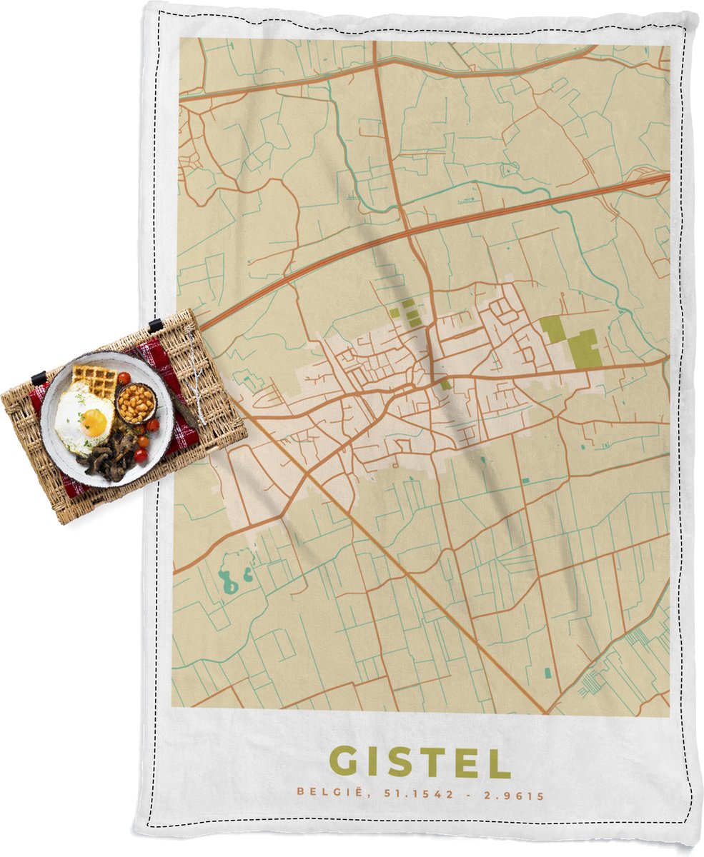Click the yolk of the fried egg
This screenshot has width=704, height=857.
click(x=94, y=422)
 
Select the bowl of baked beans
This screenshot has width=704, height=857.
click(x=135, y=404)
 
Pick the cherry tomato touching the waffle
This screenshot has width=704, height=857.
click(x=124, y=378)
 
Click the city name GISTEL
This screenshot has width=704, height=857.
click(x=421, y=762)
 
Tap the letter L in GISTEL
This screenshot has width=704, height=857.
click(x=500, y=762)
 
